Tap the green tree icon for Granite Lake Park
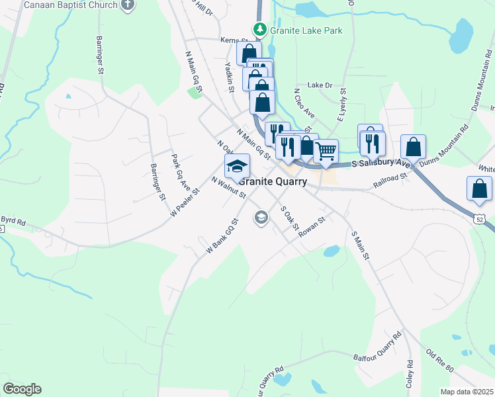click(x=260, y=29)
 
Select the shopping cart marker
click(x=326, y=152)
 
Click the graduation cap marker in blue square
click(x=237, y=167)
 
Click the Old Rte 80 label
click(x=441, y=359)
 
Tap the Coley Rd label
click(x=410, y=374)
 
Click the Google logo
click(x=22, y=389)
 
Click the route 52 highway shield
click(x=480, y=218)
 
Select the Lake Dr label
click(x=320, y=85)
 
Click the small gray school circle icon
click(x=261, y=217)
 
